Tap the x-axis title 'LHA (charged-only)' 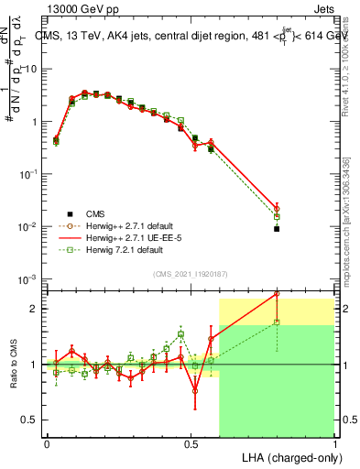(289, 456)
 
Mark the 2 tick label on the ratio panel (34, 309)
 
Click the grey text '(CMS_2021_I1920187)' (191, 273)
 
